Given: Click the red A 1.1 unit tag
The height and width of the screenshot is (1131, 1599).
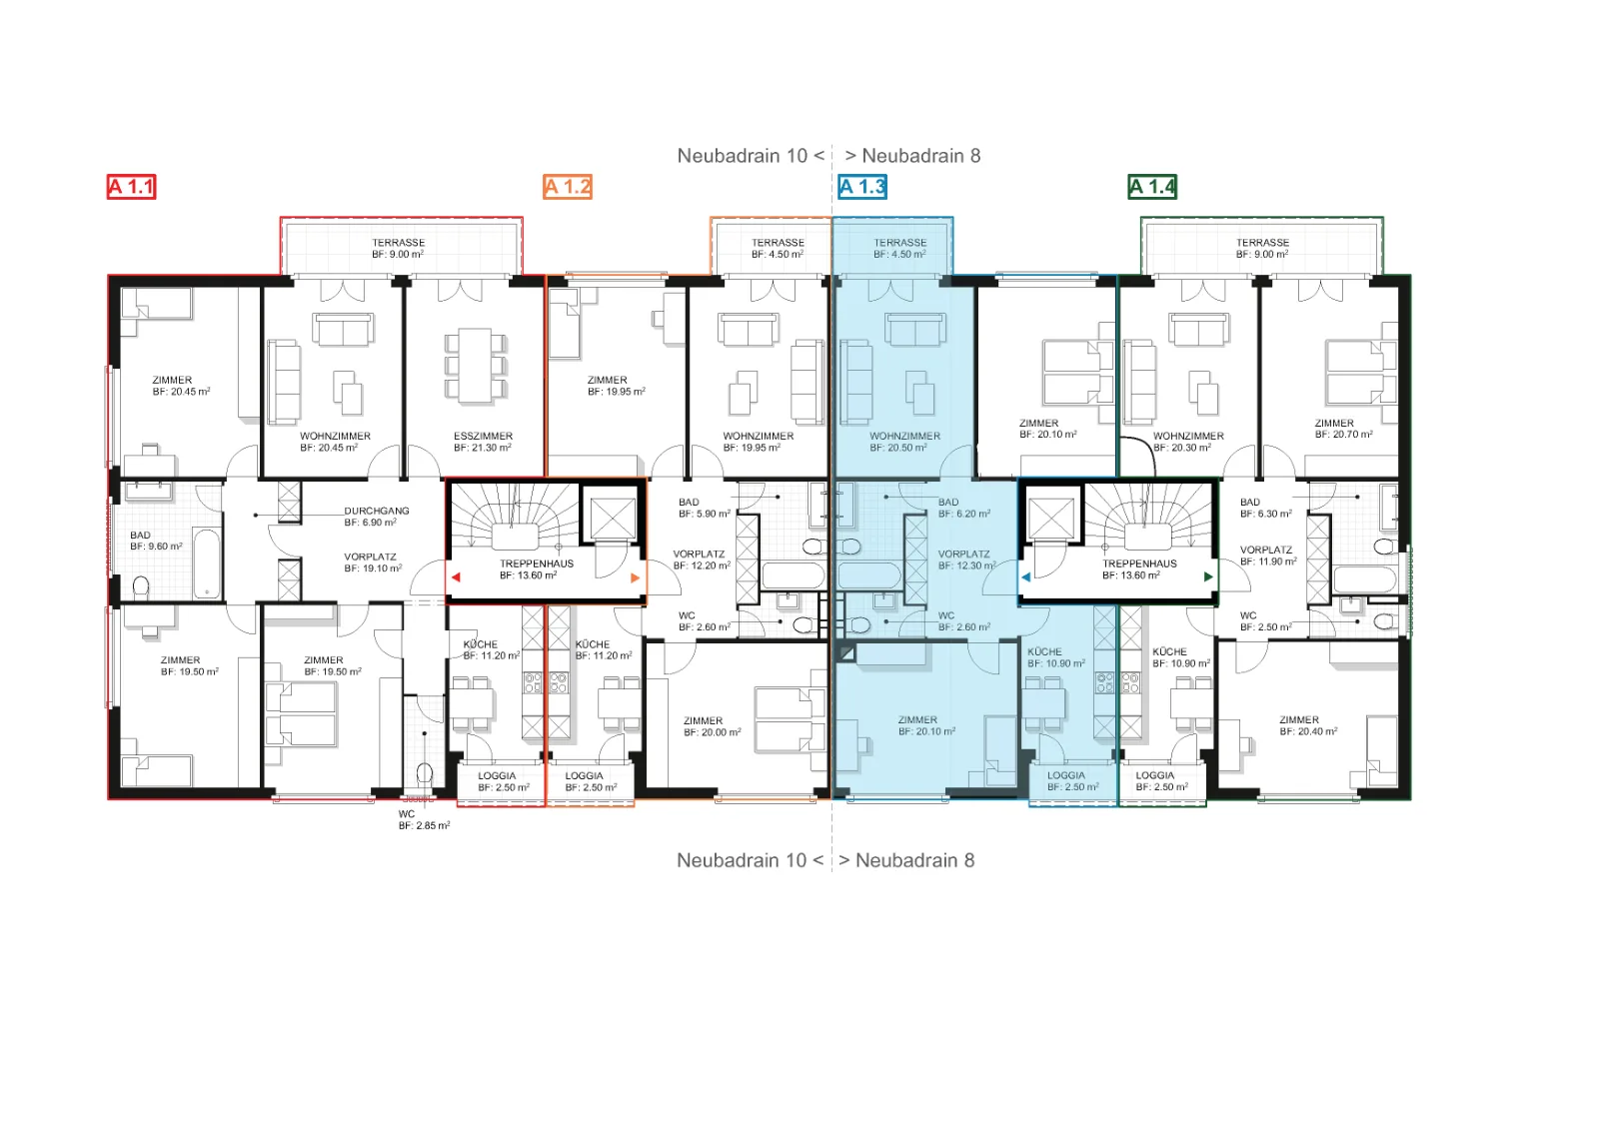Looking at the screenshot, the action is [x=131, y=187].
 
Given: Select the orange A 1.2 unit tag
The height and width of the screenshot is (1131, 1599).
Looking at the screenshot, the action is [x=568, y=187].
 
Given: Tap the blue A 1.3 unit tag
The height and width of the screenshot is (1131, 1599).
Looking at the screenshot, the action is [x=862, y=187].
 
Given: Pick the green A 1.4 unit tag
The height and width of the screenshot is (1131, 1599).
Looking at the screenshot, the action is [x=1152, y=187].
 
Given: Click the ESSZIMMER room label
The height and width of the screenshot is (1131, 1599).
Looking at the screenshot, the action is [x=484, y=436].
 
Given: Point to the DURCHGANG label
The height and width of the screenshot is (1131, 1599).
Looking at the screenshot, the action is [x=376, y=511].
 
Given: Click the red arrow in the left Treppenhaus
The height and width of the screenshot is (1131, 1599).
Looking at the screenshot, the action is [x=456, y=577].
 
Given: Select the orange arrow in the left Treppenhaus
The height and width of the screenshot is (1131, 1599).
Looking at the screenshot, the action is [x=636, y=577].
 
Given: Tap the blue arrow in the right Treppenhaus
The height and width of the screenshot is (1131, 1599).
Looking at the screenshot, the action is [x=1025, y=576].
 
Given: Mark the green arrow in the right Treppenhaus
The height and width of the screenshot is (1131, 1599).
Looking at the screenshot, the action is [x=1208, y=576].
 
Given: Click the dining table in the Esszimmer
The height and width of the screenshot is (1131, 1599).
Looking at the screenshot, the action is [x=475, y=365].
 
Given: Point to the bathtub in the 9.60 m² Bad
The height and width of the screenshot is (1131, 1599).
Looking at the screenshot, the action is [x=207, y=564].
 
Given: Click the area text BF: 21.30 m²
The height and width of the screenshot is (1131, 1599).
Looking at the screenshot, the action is [x=483, y=449].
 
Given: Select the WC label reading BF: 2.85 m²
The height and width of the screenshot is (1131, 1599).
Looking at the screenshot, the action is [x=424, y=820].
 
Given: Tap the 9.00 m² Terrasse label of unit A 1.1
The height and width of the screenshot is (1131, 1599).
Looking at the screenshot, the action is [x=399, y=249].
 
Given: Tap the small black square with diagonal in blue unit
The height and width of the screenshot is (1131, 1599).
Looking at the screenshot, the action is [x=846, y=652].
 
